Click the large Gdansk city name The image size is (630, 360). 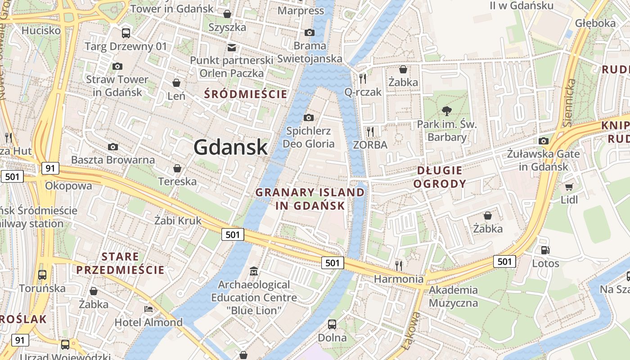(230, 147)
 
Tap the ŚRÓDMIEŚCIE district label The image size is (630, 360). (245, 94)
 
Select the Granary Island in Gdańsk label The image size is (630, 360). (310, 199)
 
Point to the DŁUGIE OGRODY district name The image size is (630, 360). (440, 177)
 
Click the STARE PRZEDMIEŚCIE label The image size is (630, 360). (120, 263)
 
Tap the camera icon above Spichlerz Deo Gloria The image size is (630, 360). (309, 118)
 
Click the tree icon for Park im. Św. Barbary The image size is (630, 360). (446, 111)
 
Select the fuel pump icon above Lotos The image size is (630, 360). (545, 250)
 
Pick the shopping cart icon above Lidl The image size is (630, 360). (569, 186)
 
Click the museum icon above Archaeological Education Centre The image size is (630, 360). (254, 271)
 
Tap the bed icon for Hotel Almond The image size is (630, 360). (148, 309)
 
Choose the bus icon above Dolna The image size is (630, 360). (332, 324)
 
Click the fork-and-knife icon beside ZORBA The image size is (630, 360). (370, 131)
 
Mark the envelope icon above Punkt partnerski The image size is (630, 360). (231, 47)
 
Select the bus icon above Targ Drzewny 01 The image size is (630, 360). (126, 33)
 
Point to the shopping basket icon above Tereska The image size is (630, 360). (177, 168)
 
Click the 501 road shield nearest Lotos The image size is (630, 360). (504, 261)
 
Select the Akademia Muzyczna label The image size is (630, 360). (453, 296)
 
